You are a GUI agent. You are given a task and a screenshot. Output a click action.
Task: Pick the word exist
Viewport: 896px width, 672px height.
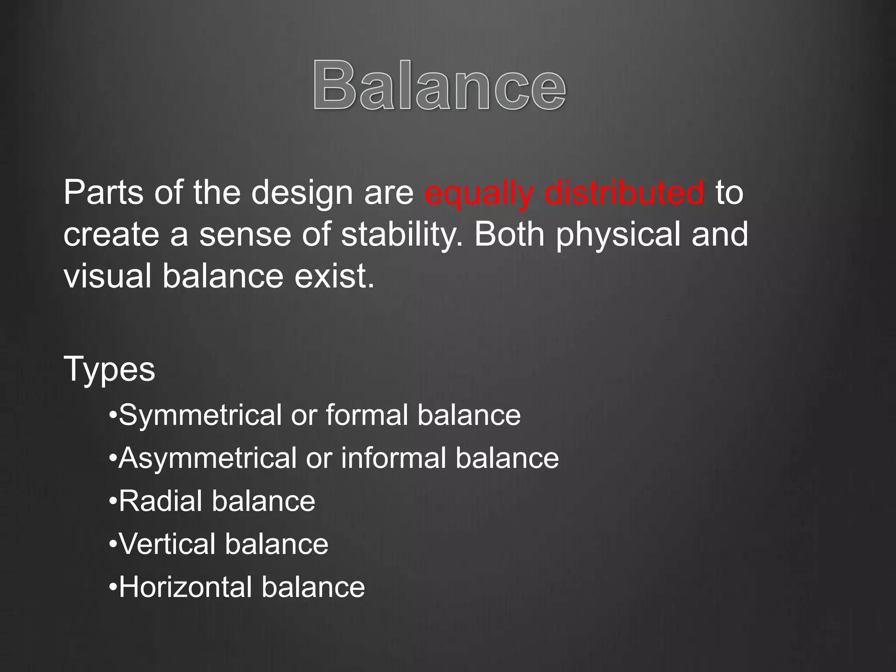pyautogui.click(x=334, y=276)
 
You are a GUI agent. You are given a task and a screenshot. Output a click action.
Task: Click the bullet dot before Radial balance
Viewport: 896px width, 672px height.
pyautogui.click(x=113, y=502)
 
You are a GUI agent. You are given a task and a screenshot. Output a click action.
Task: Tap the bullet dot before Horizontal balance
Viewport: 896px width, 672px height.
pyautogui.click(x=113, y=588)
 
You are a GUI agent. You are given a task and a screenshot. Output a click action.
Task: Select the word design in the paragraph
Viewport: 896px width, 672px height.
pyautogui.click(x=302, y=193)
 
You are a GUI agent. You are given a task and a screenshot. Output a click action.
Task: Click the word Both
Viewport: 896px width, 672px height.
pyautogui.click(x=510, y=234)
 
